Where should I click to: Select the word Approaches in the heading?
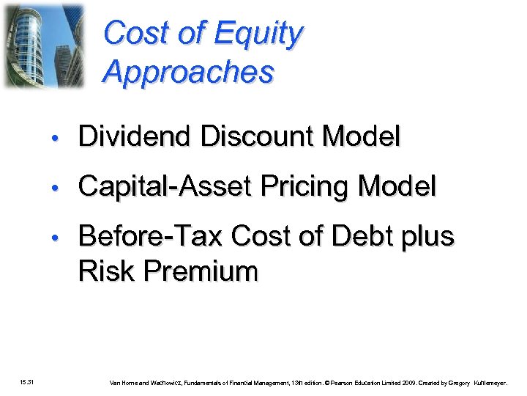[189, 72]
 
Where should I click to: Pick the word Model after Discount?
[362, 136]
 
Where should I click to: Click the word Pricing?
[300, 187]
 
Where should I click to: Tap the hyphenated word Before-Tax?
[151, 237]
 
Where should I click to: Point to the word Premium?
[201, 271]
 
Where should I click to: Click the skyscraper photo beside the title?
[44, 45]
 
